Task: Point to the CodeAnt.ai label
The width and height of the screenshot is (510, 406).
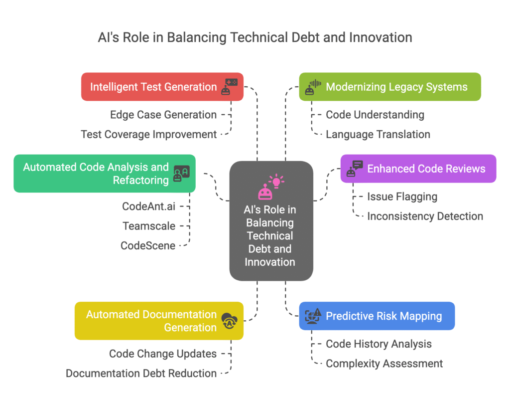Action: point(148,206)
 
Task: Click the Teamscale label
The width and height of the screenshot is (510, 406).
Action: point(149,226)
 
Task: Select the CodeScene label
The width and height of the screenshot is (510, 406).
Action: point(148,245)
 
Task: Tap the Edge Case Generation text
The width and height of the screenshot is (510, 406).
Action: point(163,115)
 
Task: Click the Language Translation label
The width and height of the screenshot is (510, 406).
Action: point(378,134)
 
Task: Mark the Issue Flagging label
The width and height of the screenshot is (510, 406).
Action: point(402,197)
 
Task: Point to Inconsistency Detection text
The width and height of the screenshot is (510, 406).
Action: point(425,216)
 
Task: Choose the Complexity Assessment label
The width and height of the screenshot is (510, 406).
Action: point(384,363)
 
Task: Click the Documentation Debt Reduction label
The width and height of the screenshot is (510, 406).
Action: point(141,373)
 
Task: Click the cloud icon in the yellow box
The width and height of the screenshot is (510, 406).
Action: point(230,320)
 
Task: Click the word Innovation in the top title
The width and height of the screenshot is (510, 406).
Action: point(382,38)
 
